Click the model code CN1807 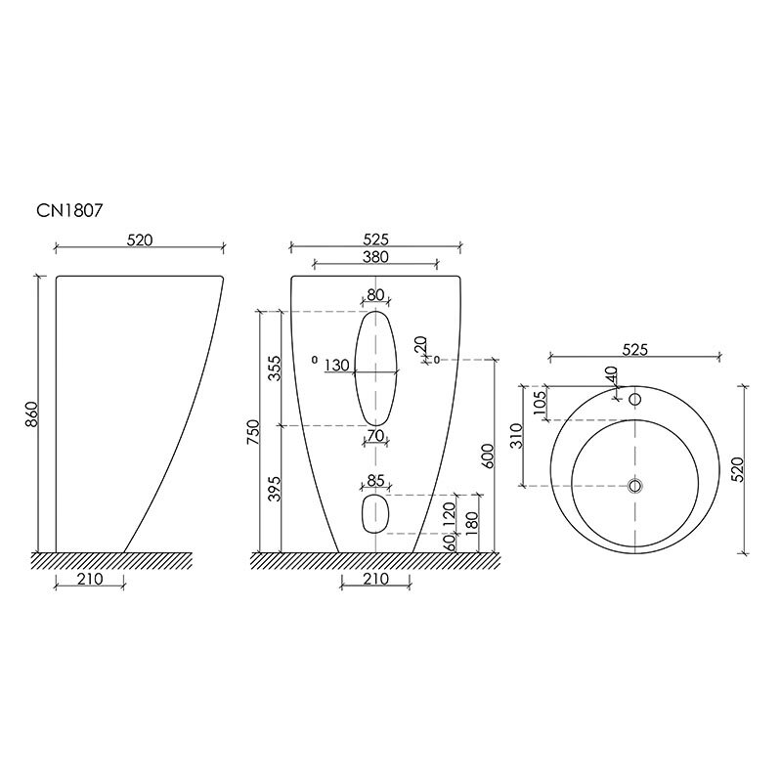coord(69,210)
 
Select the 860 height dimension coord(31,413)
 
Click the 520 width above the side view coord(140,239)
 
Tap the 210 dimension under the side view coord(90,579)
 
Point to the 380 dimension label coord(375,256)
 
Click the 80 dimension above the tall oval coord(375,295)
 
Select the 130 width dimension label coord(336,365)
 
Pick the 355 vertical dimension coord(275,369)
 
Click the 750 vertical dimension coord(253,432)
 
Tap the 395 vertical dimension coord(275,489)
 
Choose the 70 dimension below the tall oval coord(376,435)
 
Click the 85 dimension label coord(375,480)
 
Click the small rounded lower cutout coord(374,514)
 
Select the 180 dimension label coord(472,521)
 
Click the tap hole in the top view coord(634,399)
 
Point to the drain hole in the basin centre coord(634,485)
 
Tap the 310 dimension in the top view coord(516,435)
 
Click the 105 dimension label coord(540,402)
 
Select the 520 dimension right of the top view coord(738,469)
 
